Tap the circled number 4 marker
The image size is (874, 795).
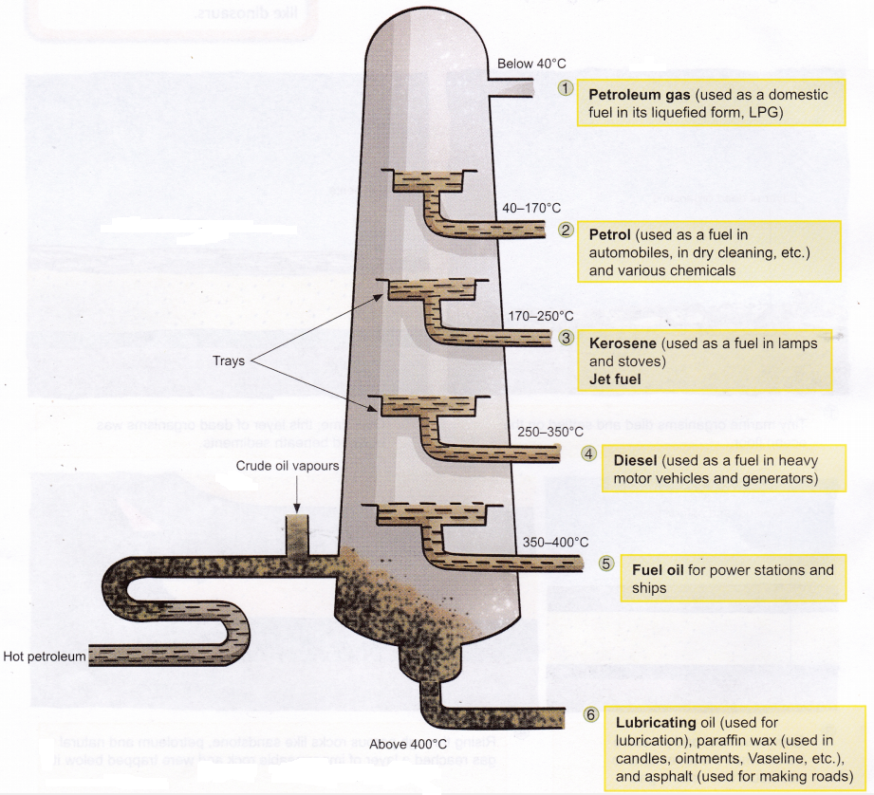coord(589,453)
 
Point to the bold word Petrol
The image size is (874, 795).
coord(609,232)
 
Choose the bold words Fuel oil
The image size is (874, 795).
coord(660,570)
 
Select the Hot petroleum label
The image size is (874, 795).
coord(44,656)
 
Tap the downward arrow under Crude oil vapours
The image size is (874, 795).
coord(298,495)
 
